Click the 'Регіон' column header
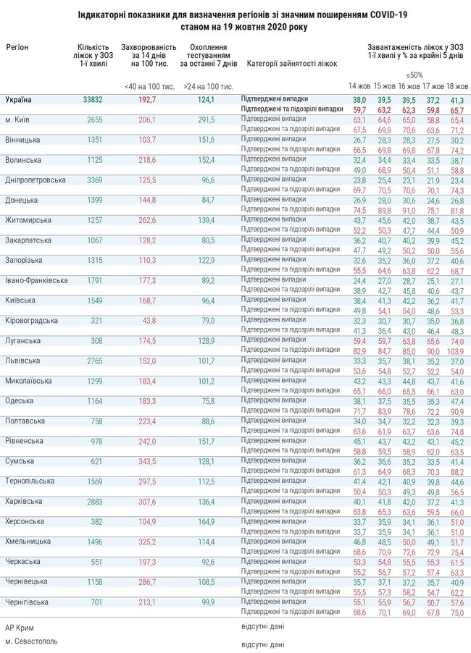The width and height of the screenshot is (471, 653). [x=17, y=46]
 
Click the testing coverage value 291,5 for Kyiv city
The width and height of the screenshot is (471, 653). [x=209, y=119]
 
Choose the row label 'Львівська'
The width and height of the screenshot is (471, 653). [x=23, y=360]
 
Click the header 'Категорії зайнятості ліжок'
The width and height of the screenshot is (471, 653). [x=292, y=64]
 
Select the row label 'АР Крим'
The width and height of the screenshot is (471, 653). [x=20, y=628]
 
